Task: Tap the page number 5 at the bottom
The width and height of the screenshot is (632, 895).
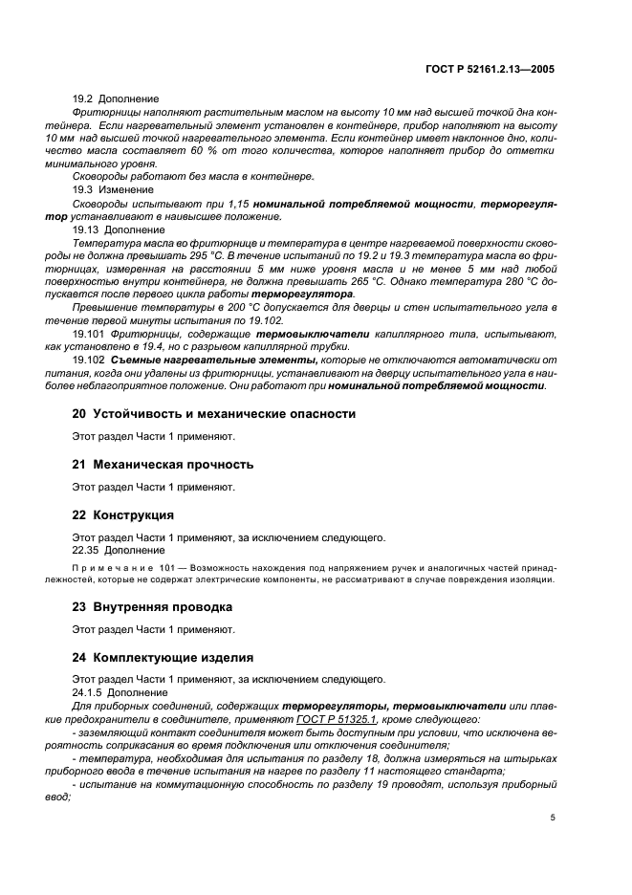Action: (553, 818)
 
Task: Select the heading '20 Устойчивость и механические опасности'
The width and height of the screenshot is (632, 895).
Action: (214, 414)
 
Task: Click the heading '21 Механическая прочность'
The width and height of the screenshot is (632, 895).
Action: (163, 465)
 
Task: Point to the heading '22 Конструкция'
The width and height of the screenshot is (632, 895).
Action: (123, 514)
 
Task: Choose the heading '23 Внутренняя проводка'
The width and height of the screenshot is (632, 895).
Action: (153, 607)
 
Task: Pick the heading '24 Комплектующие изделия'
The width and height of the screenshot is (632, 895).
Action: (163, 657)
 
